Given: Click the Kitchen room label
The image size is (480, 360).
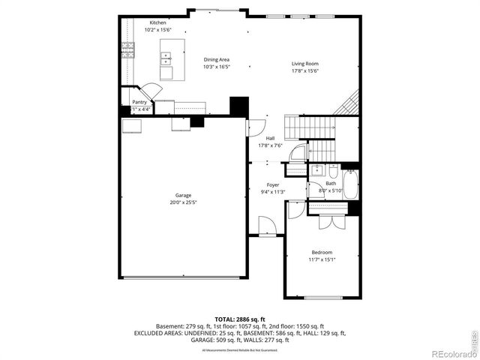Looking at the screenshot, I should tap(157, 22).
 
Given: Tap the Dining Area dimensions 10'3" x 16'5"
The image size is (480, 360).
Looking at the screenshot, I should tap(216, 67).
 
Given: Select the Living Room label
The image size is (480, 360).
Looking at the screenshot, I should tap(305, 64).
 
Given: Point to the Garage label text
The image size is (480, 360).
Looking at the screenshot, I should tap(184, 195).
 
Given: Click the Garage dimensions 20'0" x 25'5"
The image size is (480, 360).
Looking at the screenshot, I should tap(184, 202).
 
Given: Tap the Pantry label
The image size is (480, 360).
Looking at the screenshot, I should tap(139, 102).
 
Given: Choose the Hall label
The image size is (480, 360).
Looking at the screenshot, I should tap(270, 138).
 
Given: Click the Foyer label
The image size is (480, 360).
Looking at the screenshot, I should tap(274, 184).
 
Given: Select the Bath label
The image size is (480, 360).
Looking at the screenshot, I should tap(331, 184).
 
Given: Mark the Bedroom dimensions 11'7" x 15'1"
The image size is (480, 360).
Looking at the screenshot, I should tap(322, 259).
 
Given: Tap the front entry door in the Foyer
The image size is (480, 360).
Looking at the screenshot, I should tap(265, 225).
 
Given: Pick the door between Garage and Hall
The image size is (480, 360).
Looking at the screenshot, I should tap(256, 127).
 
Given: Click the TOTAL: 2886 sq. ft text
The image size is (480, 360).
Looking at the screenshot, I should tap(239, 319).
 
